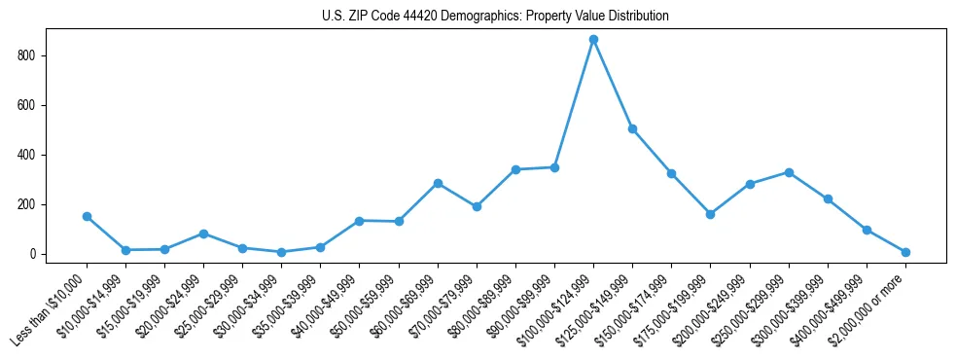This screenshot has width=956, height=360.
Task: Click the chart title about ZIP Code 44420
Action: [495, 17]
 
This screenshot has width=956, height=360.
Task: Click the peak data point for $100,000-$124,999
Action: [593, 40]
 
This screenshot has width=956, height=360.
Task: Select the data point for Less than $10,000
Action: [87, 216]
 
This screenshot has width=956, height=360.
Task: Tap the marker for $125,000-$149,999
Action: [632, 128]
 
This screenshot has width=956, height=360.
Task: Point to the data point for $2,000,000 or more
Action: [905, 252]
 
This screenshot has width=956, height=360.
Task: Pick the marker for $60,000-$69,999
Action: [438, 183]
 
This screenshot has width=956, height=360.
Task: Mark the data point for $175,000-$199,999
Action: [710, 214]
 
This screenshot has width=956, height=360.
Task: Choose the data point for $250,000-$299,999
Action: [789, 172]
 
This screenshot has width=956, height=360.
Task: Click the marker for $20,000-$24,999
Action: [203, 234]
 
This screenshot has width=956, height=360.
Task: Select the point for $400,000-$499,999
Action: [867, 230]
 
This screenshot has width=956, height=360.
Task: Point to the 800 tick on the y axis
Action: [34, 56]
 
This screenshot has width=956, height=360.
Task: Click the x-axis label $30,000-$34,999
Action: [252, 307]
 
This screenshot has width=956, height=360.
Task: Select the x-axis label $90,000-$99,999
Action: [525, 307]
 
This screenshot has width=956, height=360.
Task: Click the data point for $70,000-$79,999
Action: [477, 206]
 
